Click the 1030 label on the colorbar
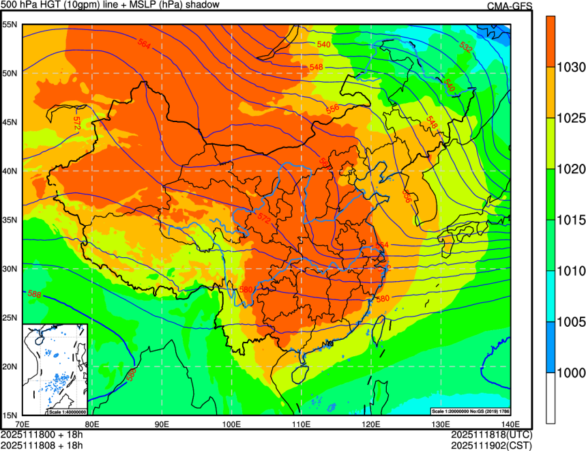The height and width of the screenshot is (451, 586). pos(570,68)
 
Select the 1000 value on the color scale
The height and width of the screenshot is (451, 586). pos(570,373)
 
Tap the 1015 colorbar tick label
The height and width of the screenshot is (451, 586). pos(570,220)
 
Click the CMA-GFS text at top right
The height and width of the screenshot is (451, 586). pos(510,5)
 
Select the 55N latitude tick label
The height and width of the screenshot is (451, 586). pos(9,24)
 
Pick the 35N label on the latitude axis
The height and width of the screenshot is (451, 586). pos(9,220)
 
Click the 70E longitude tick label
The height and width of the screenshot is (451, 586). pos(22,424)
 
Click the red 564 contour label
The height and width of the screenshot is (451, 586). pos(144,44)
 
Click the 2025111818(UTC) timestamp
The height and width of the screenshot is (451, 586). pos(491,435)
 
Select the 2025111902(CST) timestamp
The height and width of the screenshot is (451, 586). pos(491,446)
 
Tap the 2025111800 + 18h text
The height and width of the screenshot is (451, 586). pos(42,435)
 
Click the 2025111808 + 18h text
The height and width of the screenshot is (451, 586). pos(42,446)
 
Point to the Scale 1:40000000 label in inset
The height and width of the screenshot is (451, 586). pos(68,412)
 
